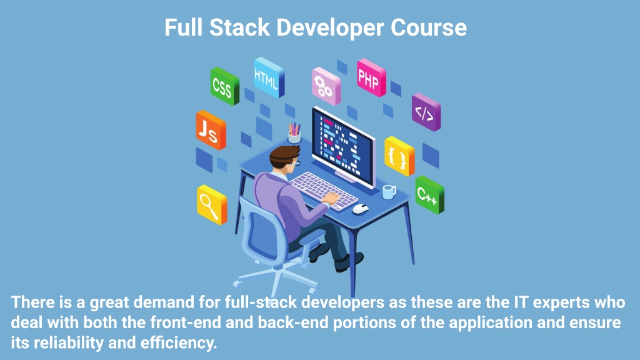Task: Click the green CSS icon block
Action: click(224, 86)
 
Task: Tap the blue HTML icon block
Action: click(269, 77)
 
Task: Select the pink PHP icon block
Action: click(371, 77)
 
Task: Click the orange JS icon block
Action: click(211, 130)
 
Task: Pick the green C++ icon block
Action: click(429, 195)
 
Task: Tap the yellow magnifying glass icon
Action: click(212, 204)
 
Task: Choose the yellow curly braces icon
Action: click(399, 156)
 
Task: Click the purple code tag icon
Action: click(426, 112)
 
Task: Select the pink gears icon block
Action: click(326, 86)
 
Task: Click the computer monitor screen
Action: click(343, 147)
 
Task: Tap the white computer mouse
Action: click(360, 209)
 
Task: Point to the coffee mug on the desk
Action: click(389, 191)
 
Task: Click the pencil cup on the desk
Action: click(294, 133)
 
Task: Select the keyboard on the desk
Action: click(322, 190)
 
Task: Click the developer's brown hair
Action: click(283, 155)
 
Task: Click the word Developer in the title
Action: click(330, 28)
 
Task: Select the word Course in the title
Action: click(429, 27)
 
